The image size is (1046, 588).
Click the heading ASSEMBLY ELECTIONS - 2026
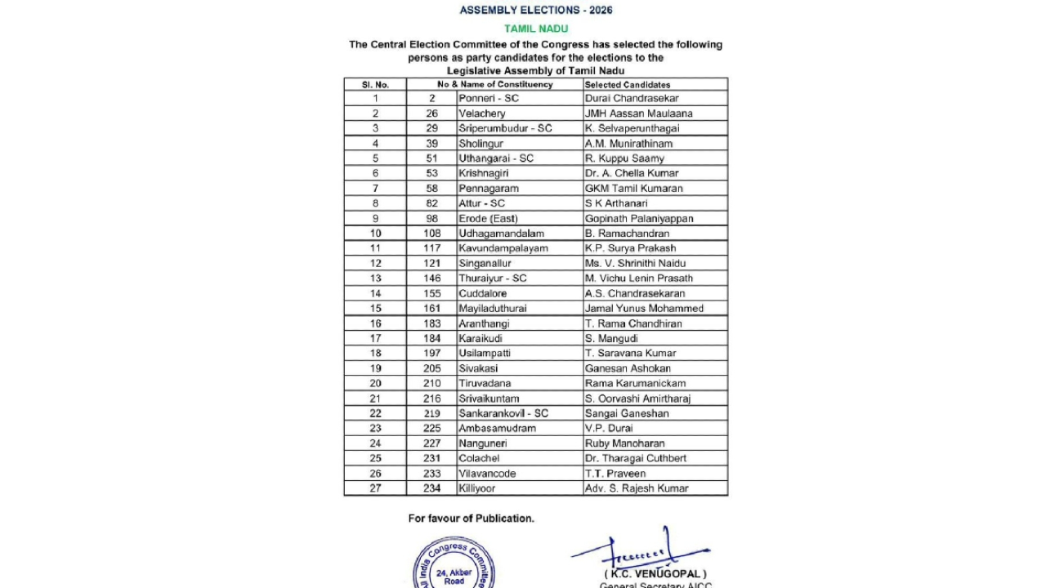click(535, 11)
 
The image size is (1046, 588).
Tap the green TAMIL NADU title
click(535, 29)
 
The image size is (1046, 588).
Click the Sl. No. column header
click(375, 84)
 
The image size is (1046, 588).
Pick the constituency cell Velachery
click(482, 114)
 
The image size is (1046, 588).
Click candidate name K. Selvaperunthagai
click(632, 128)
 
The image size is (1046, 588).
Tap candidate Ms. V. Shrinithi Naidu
click(635, 263)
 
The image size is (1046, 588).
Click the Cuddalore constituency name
click(483, 293)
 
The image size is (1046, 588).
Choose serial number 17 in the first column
click(375, 338)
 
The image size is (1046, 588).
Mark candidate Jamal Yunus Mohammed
click(644, 308)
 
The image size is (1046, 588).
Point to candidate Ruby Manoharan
click(624, 443)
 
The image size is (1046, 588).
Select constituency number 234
click(431, 488)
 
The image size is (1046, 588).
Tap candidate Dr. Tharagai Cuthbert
click(635, 458)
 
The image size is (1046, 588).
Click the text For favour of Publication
click(471, 519)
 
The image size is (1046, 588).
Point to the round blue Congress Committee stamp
click(454, 568)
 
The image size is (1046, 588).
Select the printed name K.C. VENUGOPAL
click(655, 574)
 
